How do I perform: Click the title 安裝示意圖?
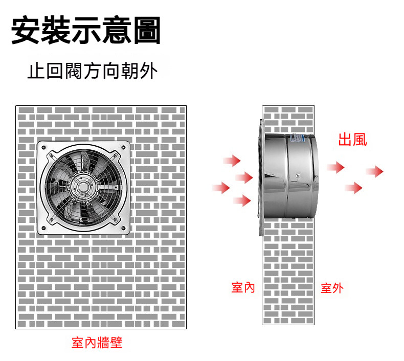(x=86, y=30)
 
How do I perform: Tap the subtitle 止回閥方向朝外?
(x=92, y=71)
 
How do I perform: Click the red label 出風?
(x=352, y=140)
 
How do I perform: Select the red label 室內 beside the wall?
(x=243, y=287)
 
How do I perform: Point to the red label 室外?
(x=332, y=288)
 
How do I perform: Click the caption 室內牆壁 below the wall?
(x=97, y=343)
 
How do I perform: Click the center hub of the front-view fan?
(x=83, y=187)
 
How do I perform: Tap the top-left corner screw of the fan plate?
(x=43, y=148)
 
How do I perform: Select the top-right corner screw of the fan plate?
(x=123, y=148)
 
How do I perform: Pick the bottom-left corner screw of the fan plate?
(x=43, y=228)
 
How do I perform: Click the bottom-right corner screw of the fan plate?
(x=123, y=228)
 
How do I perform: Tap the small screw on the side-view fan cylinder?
(x=298, y=176)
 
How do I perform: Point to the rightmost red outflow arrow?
(x=375, y=172)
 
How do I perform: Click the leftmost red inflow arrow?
(x=221, y=188)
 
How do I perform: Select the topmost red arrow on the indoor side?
(x=232, y=161)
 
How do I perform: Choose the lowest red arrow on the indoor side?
(x=242, y=201)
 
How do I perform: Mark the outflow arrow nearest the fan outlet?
(x=335, y=168)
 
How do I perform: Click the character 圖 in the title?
(x=147, y=30)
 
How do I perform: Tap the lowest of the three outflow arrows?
(x=354, y=188)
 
